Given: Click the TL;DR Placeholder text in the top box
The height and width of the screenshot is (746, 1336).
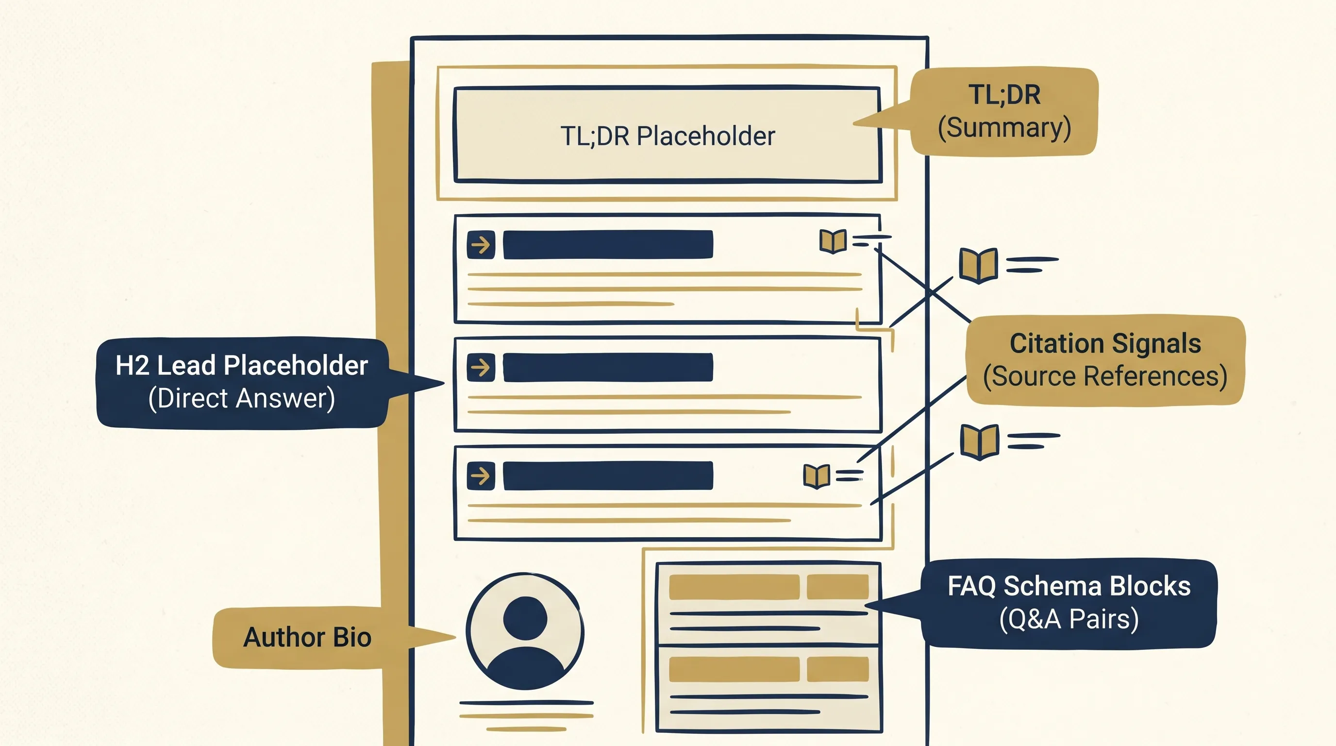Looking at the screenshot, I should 668,136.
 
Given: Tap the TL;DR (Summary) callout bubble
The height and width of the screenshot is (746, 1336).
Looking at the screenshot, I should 1004,111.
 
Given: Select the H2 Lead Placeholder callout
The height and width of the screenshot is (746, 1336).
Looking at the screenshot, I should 242,382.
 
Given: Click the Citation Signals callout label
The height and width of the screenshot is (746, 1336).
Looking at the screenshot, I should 1105,360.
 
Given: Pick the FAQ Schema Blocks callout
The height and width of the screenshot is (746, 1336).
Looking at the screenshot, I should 1069,603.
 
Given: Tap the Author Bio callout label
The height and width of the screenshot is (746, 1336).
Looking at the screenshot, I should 307,637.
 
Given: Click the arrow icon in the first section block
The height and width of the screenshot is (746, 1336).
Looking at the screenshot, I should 481,245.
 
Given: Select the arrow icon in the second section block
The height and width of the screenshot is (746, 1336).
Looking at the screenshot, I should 481,367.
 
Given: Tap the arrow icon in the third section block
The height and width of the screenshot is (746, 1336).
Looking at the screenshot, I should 481,475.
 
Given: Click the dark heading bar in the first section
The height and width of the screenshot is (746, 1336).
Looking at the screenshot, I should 608,245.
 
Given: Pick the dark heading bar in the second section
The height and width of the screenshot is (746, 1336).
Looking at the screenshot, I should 608,367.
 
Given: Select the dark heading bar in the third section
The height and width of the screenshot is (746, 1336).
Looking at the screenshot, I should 608,475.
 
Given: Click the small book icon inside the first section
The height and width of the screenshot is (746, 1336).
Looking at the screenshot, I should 833,241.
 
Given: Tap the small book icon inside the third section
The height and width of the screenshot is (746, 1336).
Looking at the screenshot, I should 817,475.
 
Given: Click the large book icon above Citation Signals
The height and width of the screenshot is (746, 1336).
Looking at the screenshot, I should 978,265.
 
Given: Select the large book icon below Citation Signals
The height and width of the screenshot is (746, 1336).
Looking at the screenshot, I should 979,441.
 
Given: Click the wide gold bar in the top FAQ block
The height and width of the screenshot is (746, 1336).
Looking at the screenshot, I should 734,587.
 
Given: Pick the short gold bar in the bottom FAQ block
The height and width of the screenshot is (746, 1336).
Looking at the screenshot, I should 837,669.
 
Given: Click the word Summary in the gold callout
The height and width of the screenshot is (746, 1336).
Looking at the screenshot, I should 1004,128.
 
